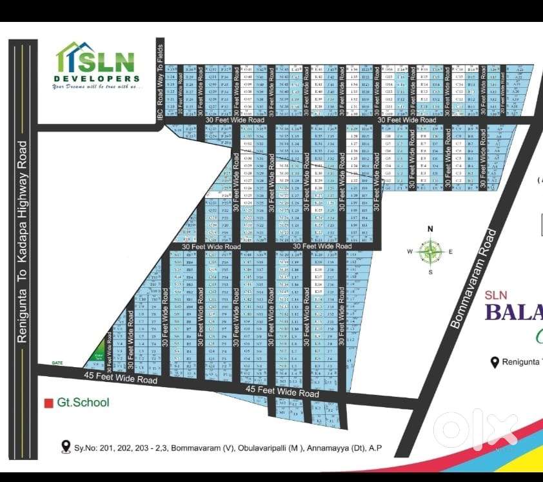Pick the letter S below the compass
point(430,272)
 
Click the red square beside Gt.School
point(48,403)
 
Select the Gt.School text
point(83,403)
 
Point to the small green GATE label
point(58,363)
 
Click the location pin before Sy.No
point(65,447)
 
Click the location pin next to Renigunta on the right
point(495,362)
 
